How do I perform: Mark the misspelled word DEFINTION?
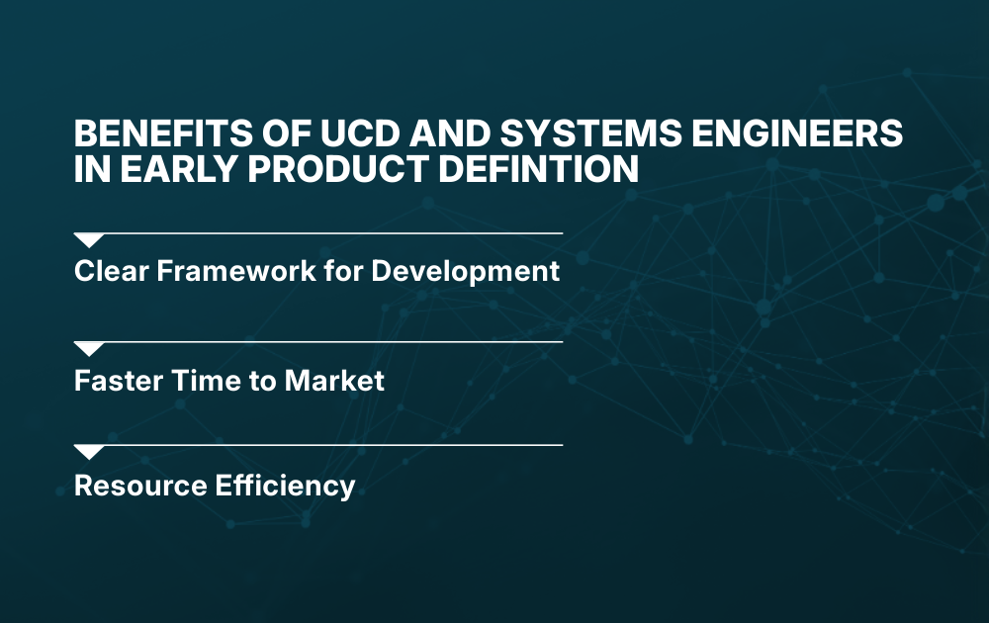click(543, 169)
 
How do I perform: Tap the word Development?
click(464, 271)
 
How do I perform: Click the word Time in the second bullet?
click(193, 380)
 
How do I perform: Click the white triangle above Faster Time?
click(89, 349)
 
